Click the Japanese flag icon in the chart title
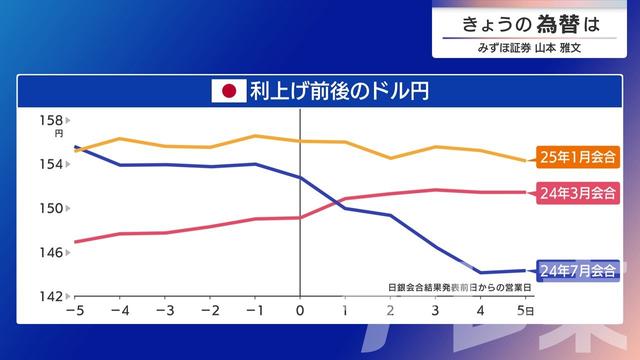228,92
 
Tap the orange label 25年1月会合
577,157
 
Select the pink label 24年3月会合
577,192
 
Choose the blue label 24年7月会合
577,270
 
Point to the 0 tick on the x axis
300,311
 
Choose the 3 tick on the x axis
436,311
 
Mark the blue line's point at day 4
481,272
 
